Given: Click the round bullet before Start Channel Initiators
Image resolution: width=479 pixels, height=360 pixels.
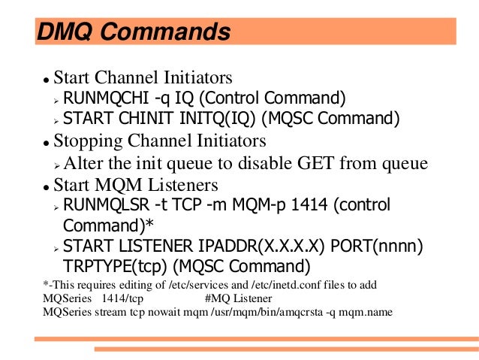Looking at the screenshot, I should tap(46, 80).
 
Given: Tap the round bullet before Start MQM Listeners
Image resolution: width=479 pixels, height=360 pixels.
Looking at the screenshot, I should tap(46, 186).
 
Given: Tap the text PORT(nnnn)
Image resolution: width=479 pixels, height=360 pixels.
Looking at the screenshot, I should tap(379, 246).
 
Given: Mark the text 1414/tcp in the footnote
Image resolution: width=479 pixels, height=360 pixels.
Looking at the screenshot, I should tap(122, 298).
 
